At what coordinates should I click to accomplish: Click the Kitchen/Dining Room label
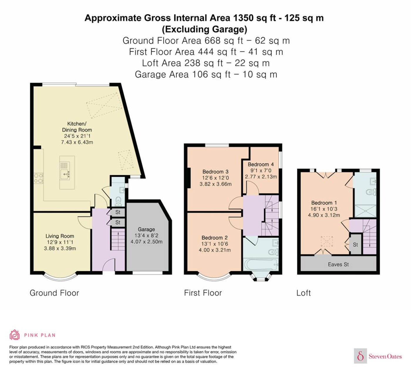point(77,127)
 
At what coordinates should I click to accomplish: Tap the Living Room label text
point(60,236)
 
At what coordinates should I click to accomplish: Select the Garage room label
point(146,229)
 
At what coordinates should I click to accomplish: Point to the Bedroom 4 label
point(261,164)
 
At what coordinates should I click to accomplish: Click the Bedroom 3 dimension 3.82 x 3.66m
point(215,184)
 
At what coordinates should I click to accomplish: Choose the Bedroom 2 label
point(215,238)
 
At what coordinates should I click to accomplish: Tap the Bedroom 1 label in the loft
point(324,203)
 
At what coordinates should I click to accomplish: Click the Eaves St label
point(338,265)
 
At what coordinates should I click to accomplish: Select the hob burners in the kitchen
point(38,178)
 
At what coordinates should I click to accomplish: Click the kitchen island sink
point(65,174)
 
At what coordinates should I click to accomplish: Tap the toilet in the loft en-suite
point(371,192)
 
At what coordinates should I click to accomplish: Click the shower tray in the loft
point(365,211)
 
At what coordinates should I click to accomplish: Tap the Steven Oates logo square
point(361,356)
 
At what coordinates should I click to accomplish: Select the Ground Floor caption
point(54,293)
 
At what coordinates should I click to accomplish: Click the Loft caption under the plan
point(304,293)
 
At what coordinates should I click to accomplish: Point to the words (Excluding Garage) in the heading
point(205,29)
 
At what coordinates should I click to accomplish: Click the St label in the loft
point(355,245)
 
